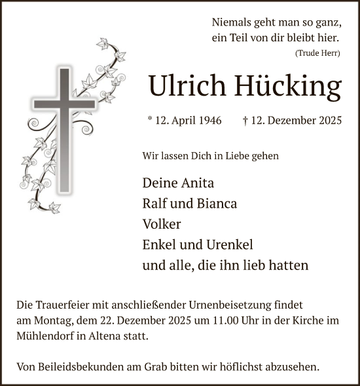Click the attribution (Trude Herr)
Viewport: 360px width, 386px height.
pyautogui.click(x=317, y=53)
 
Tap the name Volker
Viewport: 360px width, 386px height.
pyautogui.click(x=162, y=223)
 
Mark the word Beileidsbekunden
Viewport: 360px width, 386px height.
pyautogui.click(x=84, y=367)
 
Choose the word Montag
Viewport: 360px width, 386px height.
pyautogui.click(x=56, y=320)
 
